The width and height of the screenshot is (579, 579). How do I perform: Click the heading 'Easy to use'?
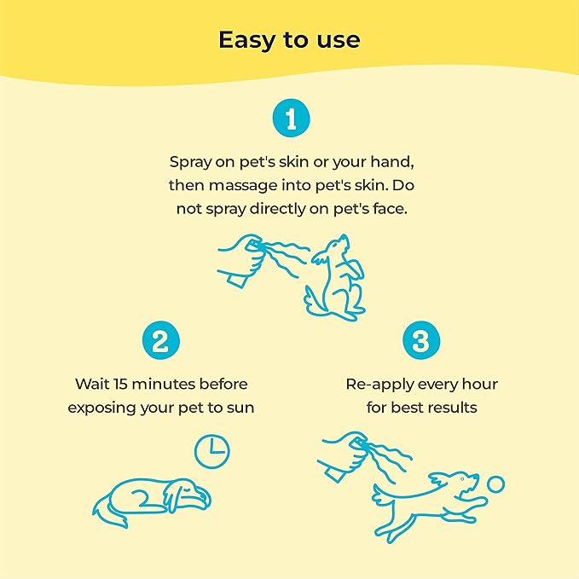(289, 40)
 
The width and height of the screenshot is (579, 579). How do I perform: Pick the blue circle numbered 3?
(420, 343)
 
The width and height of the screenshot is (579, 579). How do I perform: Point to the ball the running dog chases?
(495, 484)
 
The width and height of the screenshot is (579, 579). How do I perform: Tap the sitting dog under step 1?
(334, 278)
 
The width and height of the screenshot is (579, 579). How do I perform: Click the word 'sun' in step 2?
(240, 408)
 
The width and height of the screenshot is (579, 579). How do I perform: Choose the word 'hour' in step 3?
(478, 385)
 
